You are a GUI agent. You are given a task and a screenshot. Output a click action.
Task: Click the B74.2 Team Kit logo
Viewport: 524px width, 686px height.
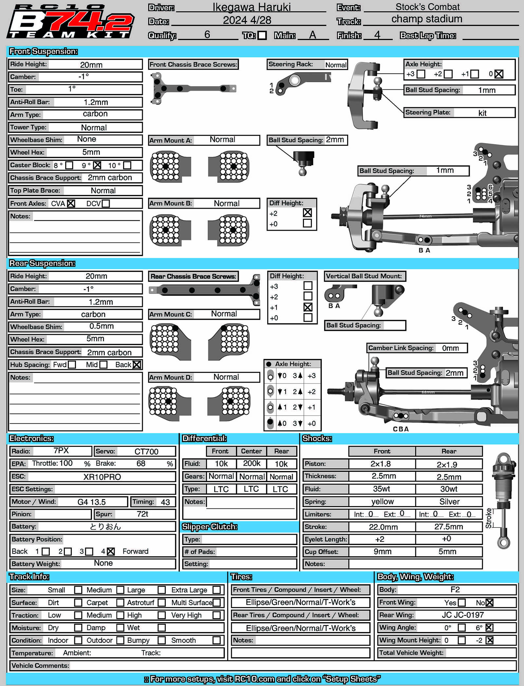(x=70, y=22)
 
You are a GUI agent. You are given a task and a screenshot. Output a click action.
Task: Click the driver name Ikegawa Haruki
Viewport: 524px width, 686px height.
(x=251, y=7)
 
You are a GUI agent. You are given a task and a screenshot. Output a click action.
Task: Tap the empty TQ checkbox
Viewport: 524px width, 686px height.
(x=262, y=35)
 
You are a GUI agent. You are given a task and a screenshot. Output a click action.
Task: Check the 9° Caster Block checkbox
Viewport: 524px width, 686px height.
(x=97, y=165)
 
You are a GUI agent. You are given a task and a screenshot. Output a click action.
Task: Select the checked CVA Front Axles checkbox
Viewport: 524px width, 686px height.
(x=71, y=203)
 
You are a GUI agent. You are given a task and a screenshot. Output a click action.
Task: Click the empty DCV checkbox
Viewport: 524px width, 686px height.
(x=106, y=203)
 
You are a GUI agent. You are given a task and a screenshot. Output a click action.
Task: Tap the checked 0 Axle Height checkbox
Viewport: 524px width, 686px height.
(x=499, y=74)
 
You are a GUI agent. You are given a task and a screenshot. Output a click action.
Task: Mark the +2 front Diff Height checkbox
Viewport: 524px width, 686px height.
(x=307, y=213)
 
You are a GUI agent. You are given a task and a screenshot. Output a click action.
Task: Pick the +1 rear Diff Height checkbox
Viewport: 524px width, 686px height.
(x=308, y=307)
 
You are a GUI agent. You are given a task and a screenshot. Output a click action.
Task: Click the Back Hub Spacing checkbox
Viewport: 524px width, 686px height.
(x=137, y=365)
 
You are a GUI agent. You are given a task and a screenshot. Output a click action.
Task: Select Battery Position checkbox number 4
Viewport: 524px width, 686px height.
(x=111, y=551)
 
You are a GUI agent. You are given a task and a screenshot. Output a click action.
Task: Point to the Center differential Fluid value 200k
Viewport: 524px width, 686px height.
(x=252, y=463)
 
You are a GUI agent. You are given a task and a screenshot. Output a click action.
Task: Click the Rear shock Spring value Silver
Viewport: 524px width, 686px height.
(x=449, y=502)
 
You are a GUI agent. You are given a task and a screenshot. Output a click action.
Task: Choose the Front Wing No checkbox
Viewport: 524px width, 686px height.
(x=489, y=602)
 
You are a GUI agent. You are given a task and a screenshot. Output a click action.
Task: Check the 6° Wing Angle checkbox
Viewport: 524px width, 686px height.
(x=489, y=627)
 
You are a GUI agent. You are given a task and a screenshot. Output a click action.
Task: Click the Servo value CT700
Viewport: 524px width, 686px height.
(x=146, y=451)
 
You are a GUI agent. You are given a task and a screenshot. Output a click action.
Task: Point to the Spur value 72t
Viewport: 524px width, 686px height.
(x=142, y=514)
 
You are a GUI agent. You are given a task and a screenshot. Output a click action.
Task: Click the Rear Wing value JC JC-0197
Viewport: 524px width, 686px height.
(x=462, y=615)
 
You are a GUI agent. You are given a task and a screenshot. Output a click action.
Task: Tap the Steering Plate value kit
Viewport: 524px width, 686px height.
(x=482, y=113)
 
